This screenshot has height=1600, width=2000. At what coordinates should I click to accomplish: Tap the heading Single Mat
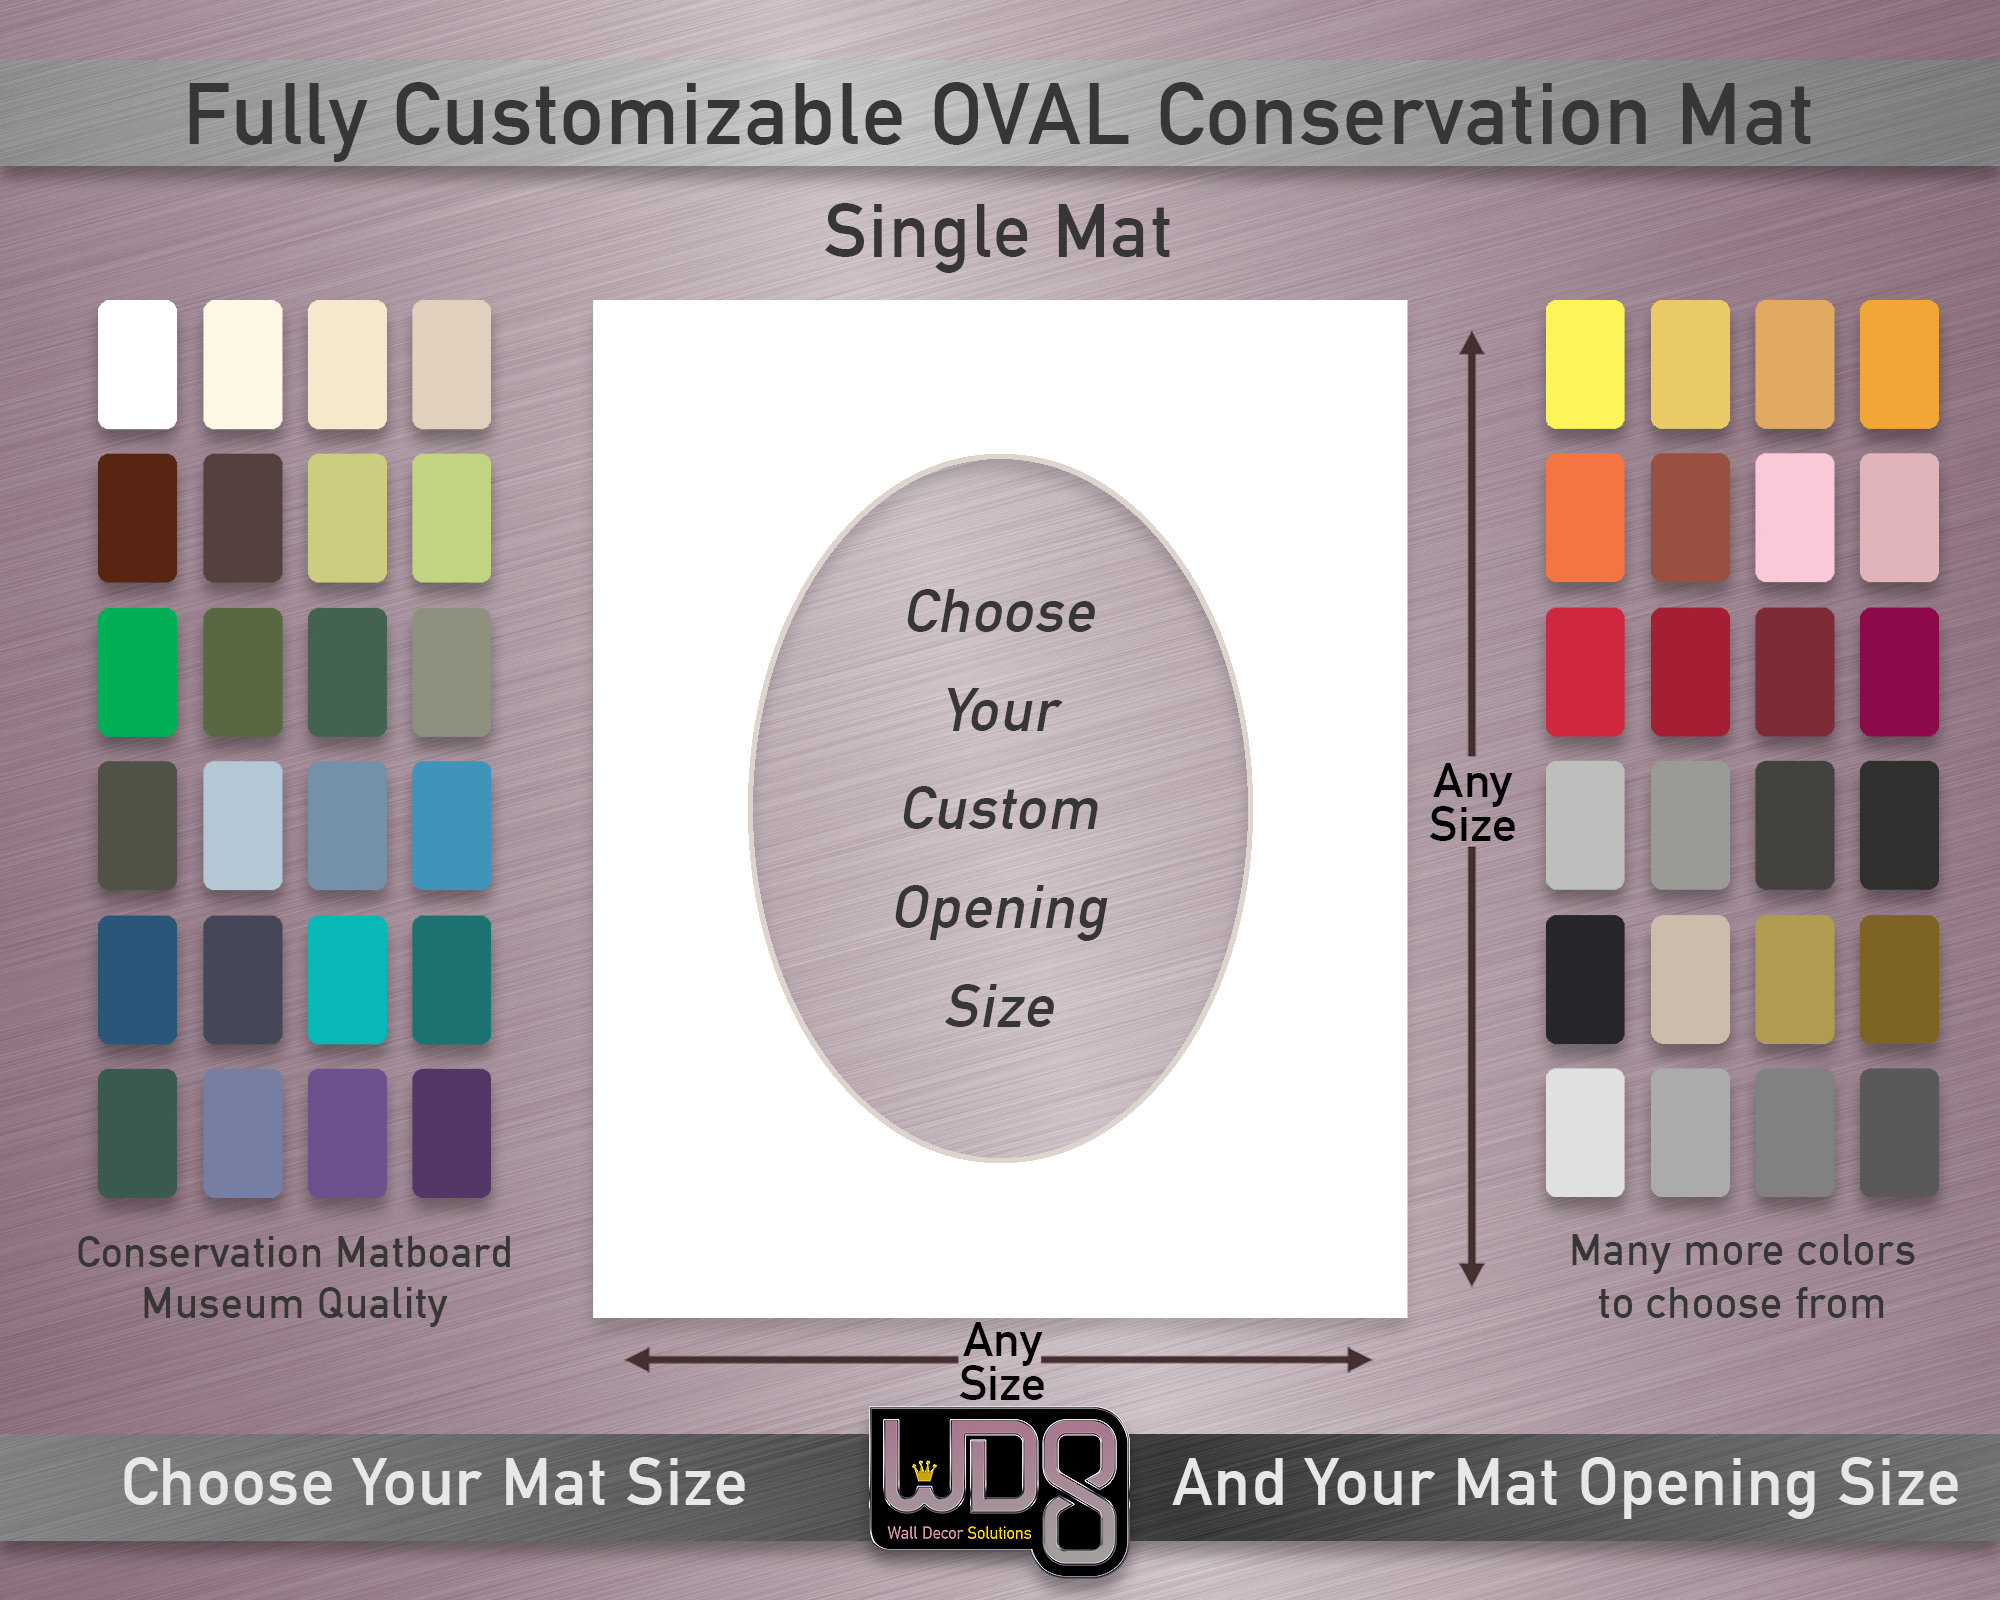pyautogui.click(x=997, y=233)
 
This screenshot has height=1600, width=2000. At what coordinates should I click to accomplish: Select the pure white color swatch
pyautogui.click(x=138, y=364)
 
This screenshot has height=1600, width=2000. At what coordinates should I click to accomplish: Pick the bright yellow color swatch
pyautogui.click(x=1584, y=364)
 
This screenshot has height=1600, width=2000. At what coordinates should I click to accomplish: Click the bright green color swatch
pyautogui.click(x=138, y=672)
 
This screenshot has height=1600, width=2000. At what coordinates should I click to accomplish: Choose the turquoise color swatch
pyautogui.click(x=347, y=980)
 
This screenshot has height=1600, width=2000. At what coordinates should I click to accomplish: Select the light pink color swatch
pyautogui.click(x=1794, y=518)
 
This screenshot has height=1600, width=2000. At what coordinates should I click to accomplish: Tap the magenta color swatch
pyautogui.click(x=1898, y=672)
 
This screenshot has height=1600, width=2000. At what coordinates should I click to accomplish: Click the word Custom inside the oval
pyautogui.click(x=1000, y=809)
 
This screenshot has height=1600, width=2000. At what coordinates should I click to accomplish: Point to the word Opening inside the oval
pyautogui.click(x=1000, y=909)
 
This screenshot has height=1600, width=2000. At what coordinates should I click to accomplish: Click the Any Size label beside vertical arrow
pyautogui.click(x=1472, y=803)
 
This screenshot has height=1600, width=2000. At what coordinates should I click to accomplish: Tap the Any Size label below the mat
pyautogui.click(x=1002, y=1362)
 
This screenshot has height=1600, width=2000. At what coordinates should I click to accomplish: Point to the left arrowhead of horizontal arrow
pyautogui.click(x=637, y=1359)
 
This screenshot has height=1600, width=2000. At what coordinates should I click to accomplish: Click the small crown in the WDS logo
pyautogui.click(x=925, y=1471)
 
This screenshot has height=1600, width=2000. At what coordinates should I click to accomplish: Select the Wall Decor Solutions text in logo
pyautogui.click(x=959, y=1533)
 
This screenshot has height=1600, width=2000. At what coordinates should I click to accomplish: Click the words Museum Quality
pyautogui.click(x=295, y=1304)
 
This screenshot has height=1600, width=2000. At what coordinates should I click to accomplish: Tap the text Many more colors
pyautogui.click(x=1742, y=1251)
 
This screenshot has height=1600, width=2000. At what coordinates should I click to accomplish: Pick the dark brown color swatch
pyautogui.click(x=138, y=518)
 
